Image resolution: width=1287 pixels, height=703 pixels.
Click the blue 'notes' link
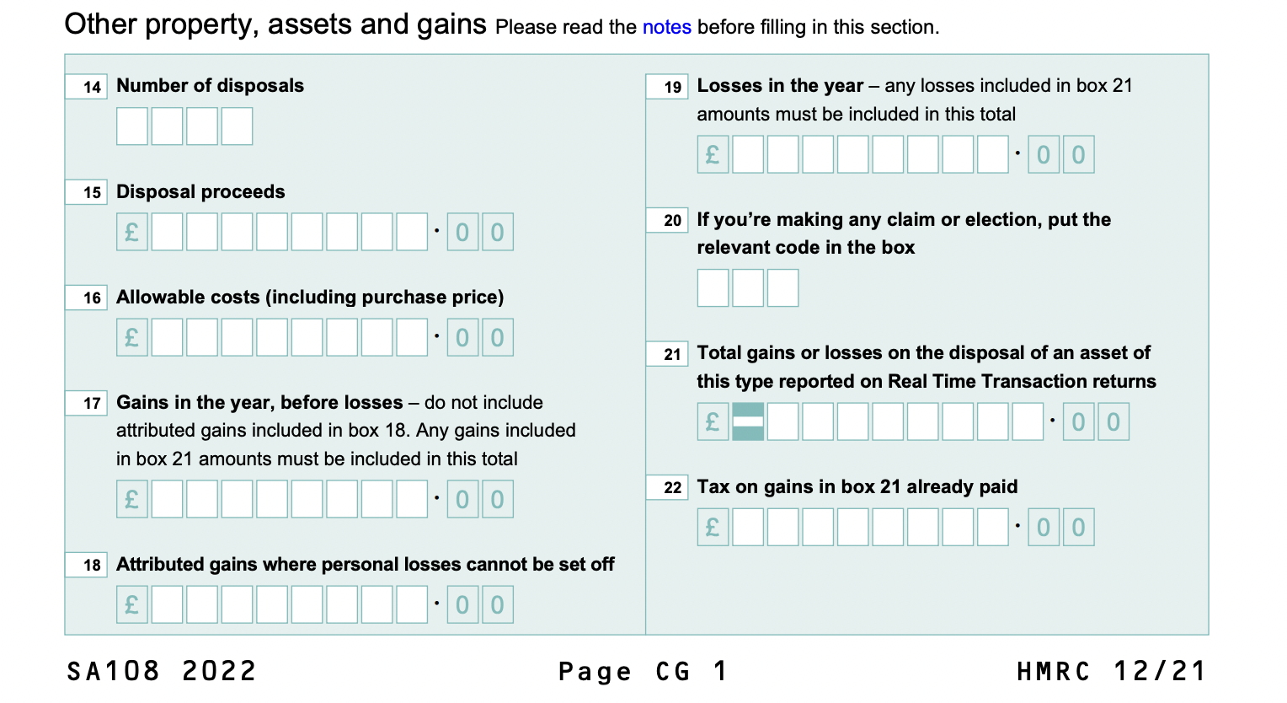pyautogui.click(x=666, y=27)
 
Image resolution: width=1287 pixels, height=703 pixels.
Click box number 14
pyautogui.click(x=87, y=87)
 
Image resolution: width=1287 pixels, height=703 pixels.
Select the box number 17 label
pyautogui.click(x=87, y=403)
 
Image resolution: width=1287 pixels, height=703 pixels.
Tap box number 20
pyautogui.click(x=667, y=221)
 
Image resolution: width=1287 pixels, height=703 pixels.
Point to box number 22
pyautogui.click(x=667, y=487)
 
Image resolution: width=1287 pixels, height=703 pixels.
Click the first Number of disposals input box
pyautogui.click(x=132, y=126)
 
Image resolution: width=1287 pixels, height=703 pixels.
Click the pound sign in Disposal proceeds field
pyautogui.click(x=132, y=232)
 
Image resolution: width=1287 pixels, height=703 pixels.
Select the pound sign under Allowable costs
pyautogui.click(x=132, y=338)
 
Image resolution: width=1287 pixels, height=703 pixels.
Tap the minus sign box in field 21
pyautogui.click(x=748, y=422)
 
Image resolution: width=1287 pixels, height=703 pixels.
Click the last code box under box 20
pyautogui.click(x=782, y=288)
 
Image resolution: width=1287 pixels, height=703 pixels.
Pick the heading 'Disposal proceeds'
pyautogui.click(x=200, y=192)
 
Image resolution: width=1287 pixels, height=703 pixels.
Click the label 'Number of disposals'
pyautogui.click(x=210, y=86)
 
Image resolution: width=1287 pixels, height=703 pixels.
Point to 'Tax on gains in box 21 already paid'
pyautogui.click(x=857, y=487)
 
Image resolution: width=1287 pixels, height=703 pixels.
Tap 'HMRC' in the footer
pyautogui.click(x=1054, y=672)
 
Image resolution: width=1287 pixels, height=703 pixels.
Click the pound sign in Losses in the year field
pyautogui.click(x=713, y=155)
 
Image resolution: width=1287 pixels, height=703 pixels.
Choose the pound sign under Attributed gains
pyautogui.click(x=132, y=605)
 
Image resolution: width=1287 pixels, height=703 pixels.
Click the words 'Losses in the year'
pyautogui.click(x=780, y=86)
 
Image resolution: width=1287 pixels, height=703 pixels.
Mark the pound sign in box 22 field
pyautogui.click(x=713, y=528)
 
